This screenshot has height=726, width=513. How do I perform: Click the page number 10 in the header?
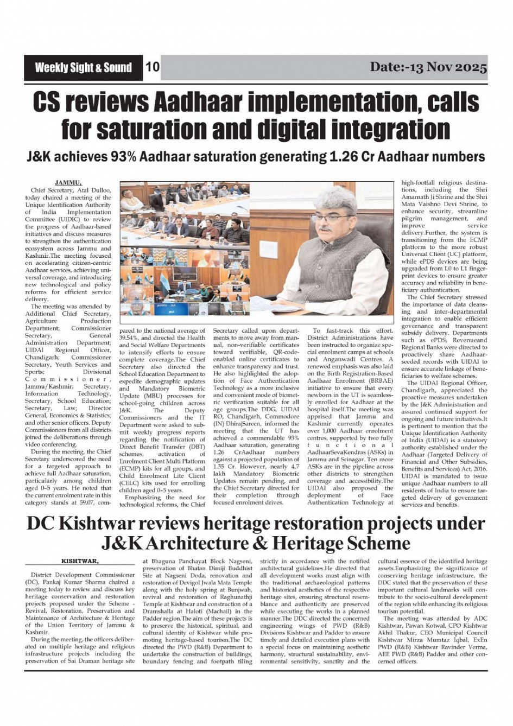click(153, 67)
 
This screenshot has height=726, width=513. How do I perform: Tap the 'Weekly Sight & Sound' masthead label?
click(83, 68)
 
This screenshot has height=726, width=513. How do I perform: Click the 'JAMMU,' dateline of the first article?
click(68, 183)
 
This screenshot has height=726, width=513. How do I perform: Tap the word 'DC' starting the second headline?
click(42, 524)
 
